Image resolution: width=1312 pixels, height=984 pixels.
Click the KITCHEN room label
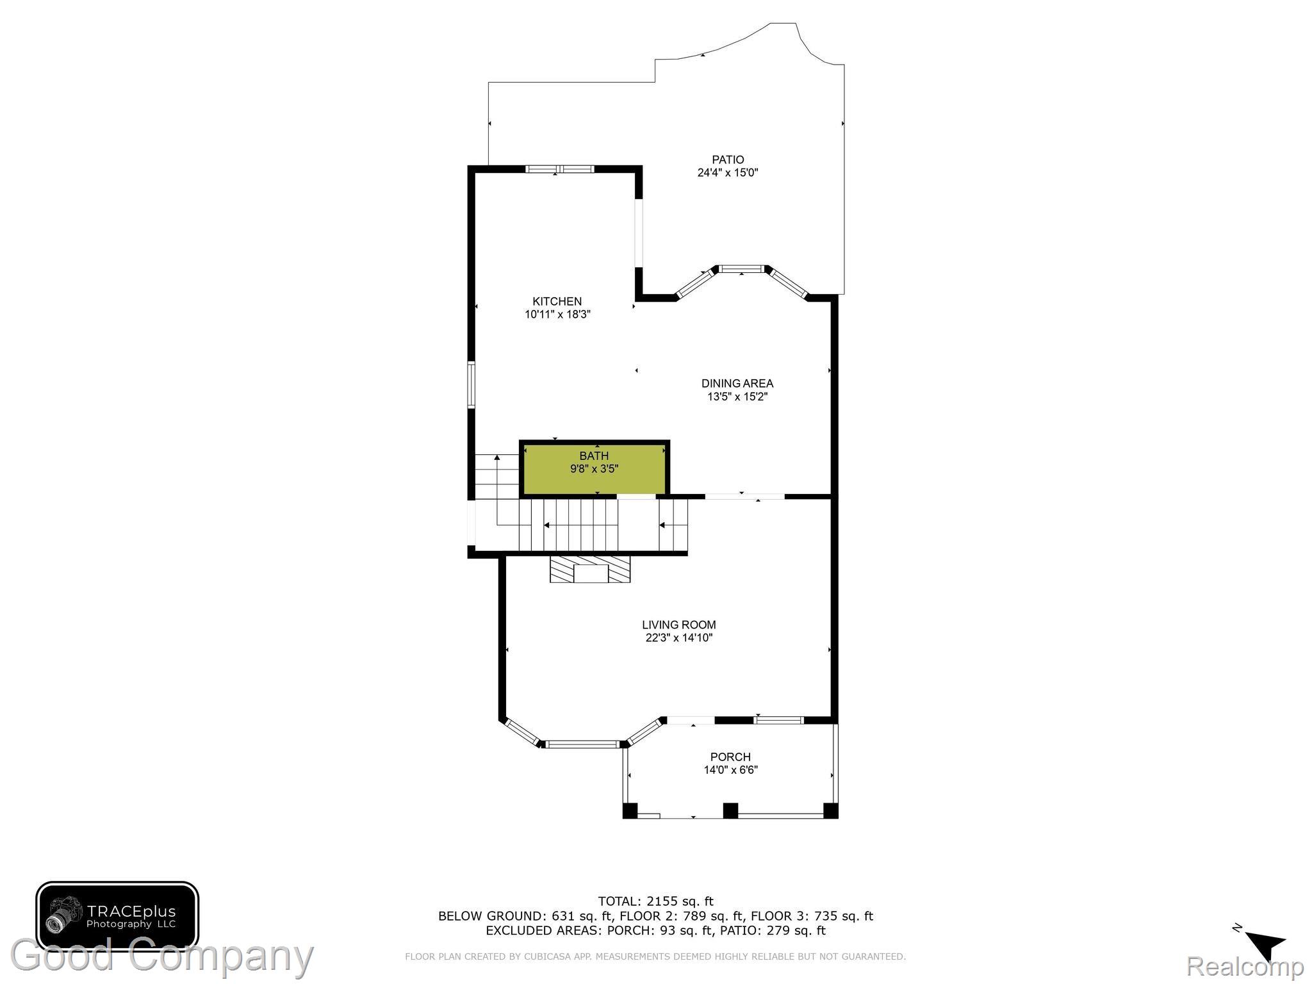tap(557, 301)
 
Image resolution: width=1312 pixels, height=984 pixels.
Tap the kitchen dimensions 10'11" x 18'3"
tap(557, 315)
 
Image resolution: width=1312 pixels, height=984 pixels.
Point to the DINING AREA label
tap(737, 383)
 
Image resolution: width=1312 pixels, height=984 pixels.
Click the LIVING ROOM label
tap(679, 625)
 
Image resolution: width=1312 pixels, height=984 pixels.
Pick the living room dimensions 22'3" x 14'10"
tap(679, 638)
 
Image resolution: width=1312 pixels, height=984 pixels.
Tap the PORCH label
tap(730, 757)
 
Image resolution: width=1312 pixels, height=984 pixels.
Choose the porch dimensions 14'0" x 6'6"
tap(731, 770)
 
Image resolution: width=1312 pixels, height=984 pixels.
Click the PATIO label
tap(728, 160)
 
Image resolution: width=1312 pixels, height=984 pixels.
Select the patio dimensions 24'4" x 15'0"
tap(728, 172)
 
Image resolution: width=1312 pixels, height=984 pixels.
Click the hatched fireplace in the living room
tap(590, 570)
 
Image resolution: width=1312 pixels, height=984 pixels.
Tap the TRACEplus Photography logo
tap(117, 917)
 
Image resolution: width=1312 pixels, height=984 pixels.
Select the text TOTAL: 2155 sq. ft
tap(655, 901)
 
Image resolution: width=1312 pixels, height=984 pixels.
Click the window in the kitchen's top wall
tap(560, 169)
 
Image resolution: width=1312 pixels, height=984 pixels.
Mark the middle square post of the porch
tap(730, 810)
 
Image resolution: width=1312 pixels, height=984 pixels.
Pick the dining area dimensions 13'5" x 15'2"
tap(737, 397)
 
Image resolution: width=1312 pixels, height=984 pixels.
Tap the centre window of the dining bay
tap(742, 268)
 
